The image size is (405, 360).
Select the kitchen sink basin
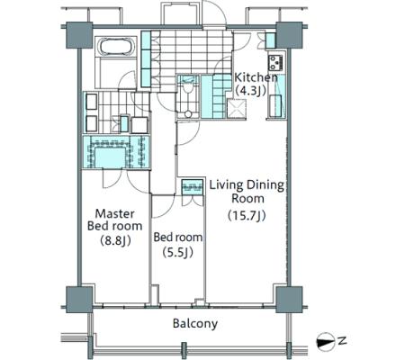click(274, 105)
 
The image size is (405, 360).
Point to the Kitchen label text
click(256, 77)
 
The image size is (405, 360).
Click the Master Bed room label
click(114, 220)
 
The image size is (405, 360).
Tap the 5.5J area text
click(177, 253)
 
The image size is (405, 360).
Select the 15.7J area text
click(247, 215)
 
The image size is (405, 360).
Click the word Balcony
click(195, 324)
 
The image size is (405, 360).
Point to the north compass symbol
click(326, 341)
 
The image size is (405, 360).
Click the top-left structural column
click(79, 35)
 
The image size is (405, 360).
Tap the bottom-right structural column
click(289, 300)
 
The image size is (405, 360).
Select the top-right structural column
click(289, 35)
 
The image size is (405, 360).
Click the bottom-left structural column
click(79, 300)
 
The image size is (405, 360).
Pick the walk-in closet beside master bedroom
click(116, 152)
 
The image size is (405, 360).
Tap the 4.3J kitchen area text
click(251, 91)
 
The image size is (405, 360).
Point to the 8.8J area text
click(115, 240)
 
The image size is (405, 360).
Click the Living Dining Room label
click(247, 192)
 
